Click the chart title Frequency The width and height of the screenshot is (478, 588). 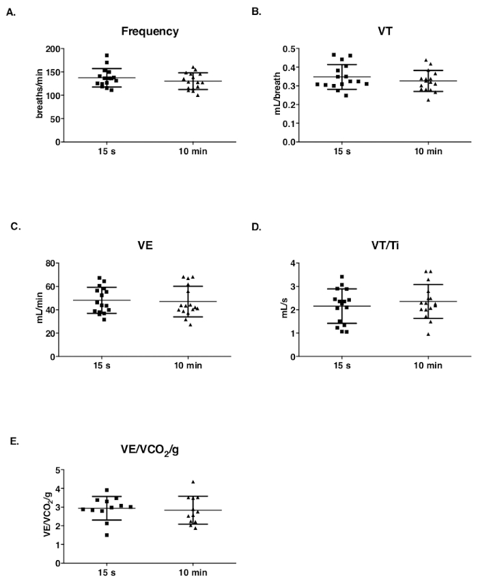coord(150,31)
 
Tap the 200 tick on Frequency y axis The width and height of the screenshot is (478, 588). coord(50,49)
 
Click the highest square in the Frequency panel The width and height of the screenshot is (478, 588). coord(107,55)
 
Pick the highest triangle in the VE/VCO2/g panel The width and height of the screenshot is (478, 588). coord(193,482)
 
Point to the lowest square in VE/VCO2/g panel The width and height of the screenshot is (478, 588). coord(107,535)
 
